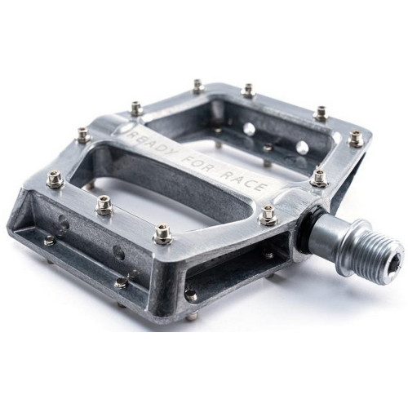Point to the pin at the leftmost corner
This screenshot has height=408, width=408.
pyautogui.click(x=55, y=179)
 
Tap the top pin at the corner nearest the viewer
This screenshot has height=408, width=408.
pyautogui.click(x=162, y=234)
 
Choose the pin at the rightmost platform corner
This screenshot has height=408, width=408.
pyautogui.click(x=356, y=138)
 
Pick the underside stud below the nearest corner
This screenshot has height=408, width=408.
pyautogui.click(x=191, y=295)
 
